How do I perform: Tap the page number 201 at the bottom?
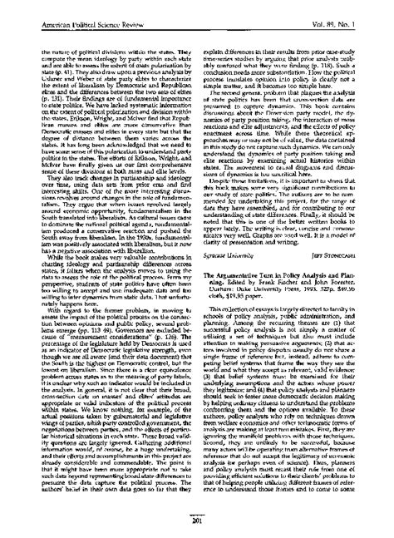click(x=197, y=523)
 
